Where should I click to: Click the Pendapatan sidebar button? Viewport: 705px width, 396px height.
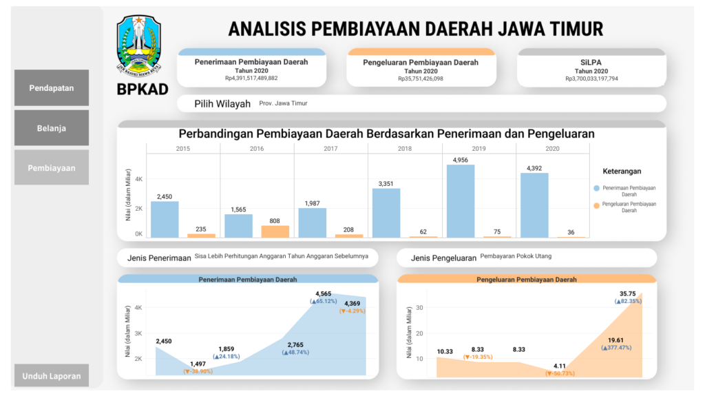52,88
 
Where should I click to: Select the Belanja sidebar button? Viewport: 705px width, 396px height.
52,128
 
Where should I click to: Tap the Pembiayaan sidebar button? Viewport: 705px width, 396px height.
52,168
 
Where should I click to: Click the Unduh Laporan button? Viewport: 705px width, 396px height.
52,376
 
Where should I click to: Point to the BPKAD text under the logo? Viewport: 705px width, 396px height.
143,89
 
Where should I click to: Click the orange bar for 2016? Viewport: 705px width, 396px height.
275,231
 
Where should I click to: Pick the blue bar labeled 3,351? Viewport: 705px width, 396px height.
386,213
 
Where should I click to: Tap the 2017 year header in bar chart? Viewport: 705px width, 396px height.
330,149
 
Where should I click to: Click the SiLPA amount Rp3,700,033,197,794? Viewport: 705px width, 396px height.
591,79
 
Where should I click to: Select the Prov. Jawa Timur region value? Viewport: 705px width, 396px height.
283,103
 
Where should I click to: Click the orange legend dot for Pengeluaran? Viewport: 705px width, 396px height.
596,205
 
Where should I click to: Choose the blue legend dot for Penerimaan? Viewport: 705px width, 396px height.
596,188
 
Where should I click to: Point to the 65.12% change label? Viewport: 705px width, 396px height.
324,302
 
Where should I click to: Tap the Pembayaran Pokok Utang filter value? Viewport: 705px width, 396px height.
516,256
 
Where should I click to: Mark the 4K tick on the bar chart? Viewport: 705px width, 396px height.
138,179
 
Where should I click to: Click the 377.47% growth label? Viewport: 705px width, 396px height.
615,348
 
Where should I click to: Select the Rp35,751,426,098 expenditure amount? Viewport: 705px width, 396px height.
420,79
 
